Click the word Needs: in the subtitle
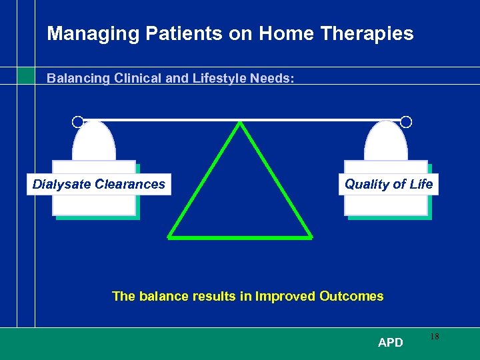tap(272, 79)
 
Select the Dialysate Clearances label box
tap(99, 184)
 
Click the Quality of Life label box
tap(389, 184)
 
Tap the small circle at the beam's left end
tap(77, 122)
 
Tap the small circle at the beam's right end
tap(406, 122)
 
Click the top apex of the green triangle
tap(240, 123)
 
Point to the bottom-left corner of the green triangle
tap(169, 236)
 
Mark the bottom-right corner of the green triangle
tap(311, 236)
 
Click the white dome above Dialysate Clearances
tap(94, 142)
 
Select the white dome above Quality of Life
tap(387, 142)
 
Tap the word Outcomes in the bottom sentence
tap(351, 296)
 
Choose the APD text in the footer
tap(390, 343)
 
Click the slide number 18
tap(434, 337)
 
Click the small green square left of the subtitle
tap(25, 75)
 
